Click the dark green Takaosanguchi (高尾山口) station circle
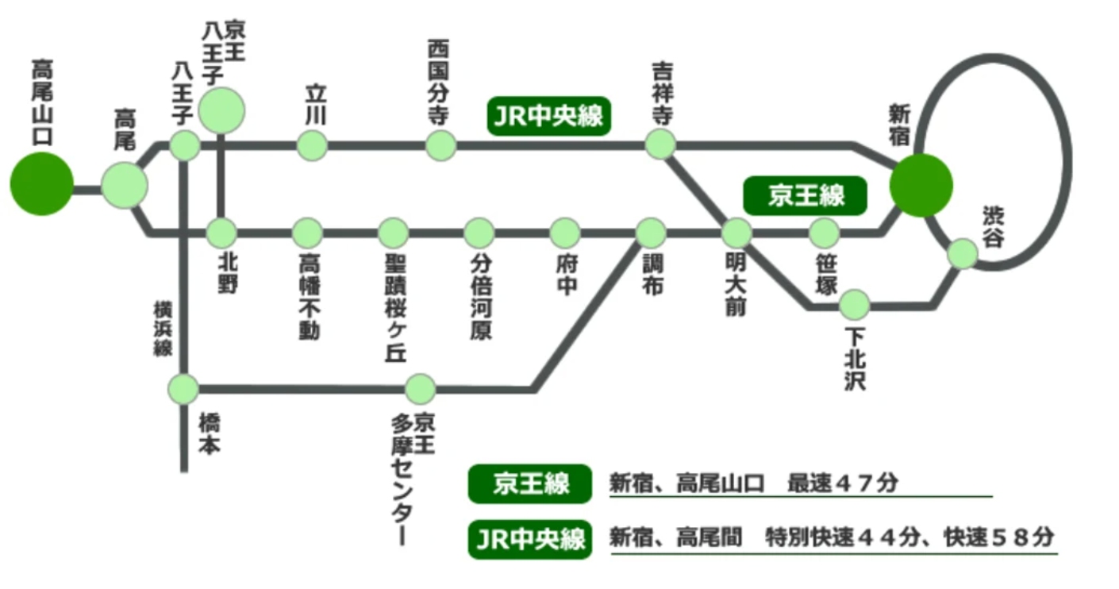[x=41, y=183]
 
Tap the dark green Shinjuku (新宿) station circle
[x=921, y=186]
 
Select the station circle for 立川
[x=313, y=145]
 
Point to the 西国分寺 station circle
[x=440, y=145]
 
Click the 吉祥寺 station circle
[x=660, y=144]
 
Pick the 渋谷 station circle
[x=963, y=253]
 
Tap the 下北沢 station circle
[x=855, y=303]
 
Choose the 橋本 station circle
[x=184, y=389]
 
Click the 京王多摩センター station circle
[x=420, y=389]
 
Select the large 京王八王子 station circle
[x=221, y=110]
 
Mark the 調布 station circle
[x=651, y=233]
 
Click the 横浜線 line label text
[x=163, y=328]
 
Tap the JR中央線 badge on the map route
[x=548, y=117]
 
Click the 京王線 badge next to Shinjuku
[x=805, y=195]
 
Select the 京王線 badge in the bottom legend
[x=530, y=483]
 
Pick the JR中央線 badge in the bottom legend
[x=530, y=539]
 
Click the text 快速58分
[x=998, y=537]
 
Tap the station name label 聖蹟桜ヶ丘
[x=394, y=310]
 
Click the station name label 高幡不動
[x=308, y=298]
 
